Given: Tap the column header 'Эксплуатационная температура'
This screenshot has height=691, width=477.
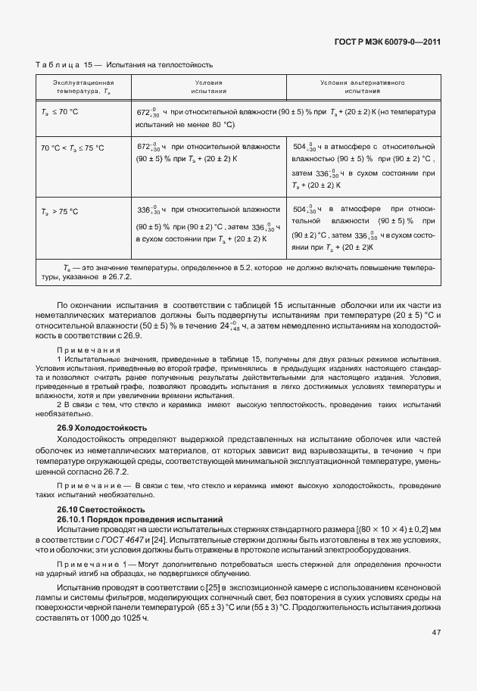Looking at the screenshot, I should pyautogui.click(x=83, y=86).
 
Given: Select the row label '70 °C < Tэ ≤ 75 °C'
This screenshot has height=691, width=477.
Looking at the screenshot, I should pyautogui.click(x=73, y=148).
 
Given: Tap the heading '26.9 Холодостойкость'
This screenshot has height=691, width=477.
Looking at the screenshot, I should pyautogui.click(x=102, y=428).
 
